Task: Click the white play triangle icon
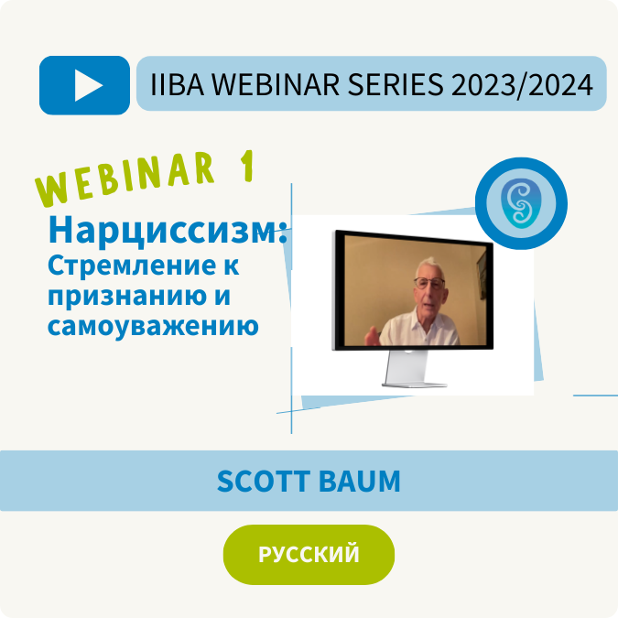click(88, 85)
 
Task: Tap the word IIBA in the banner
click(178, 84)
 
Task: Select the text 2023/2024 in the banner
click(522, 85)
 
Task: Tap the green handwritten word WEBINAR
click(125, 179)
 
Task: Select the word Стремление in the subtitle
click(132, 266)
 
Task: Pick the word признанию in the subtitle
click(127, 297)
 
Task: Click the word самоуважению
click(153, 326)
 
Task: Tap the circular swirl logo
click(521, 203)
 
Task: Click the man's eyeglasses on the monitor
click(429, 282)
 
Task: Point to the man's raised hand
click(372, 336)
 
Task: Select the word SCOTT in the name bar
click(264, 481)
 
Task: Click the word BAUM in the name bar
click(360, 481)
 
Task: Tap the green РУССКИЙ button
click(309, 555)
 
